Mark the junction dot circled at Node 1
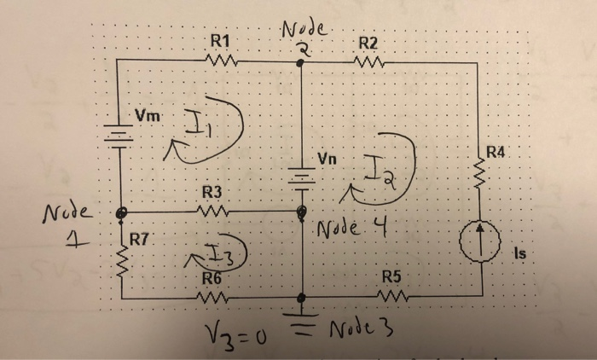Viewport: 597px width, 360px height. (x=122, y=211)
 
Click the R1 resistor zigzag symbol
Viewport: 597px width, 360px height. (x=221, y=60)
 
